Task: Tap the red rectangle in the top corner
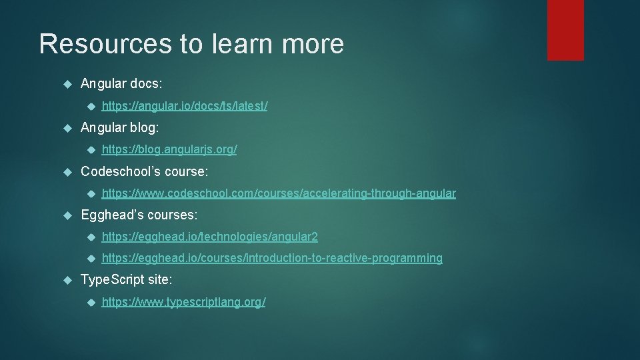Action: pyautogui.click(x=565, y=30)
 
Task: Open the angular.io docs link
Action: pyautogui.click(x=185, y=106)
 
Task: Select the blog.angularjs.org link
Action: pyautogui.click(x=169, y=150)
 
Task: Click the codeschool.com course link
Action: pyautogui.click(x=279, y=193)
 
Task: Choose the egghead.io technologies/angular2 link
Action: pyautogui.click(x=210, y=237)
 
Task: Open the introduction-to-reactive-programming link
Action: pyautogui.click(x=272, y=258)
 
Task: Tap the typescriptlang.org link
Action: pyautogui.click(x=183, y=302)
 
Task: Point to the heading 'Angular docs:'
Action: pyautogui.click(x=121, y=83)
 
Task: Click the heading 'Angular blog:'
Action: pyautogui.click(x=120, y=127)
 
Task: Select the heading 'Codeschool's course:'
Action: pyautogui.click(x=144, y=171)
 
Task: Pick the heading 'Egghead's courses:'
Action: pyautogui.click(x=139, y=215)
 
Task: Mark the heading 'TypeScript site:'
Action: pyautogui.click(x=126, y=280)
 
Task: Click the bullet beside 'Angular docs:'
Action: pyautogui.click(x=66, y=84)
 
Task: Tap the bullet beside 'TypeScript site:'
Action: pyautogui.click(x=66, y=281)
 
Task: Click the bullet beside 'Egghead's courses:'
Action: pyautogui.click(x=66, y=215)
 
